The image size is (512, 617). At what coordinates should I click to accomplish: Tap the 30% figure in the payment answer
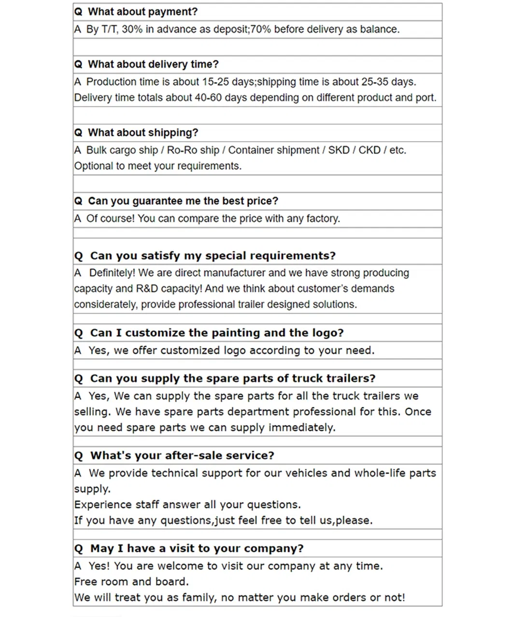pos(132,29)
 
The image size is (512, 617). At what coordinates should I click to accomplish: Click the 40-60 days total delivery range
pos(208,98)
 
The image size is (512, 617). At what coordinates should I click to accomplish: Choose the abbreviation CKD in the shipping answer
pos(370,150)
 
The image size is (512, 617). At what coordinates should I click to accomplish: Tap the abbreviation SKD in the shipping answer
pos(339,150)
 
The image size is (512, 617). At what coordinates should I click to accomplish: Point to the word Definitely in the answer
pos(112,273)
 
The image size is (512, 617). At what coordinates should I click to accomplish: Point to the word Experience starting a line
pos(102,505)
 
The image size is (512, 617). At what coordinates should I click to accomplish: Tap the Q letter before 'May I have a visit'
pos(79,549)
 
